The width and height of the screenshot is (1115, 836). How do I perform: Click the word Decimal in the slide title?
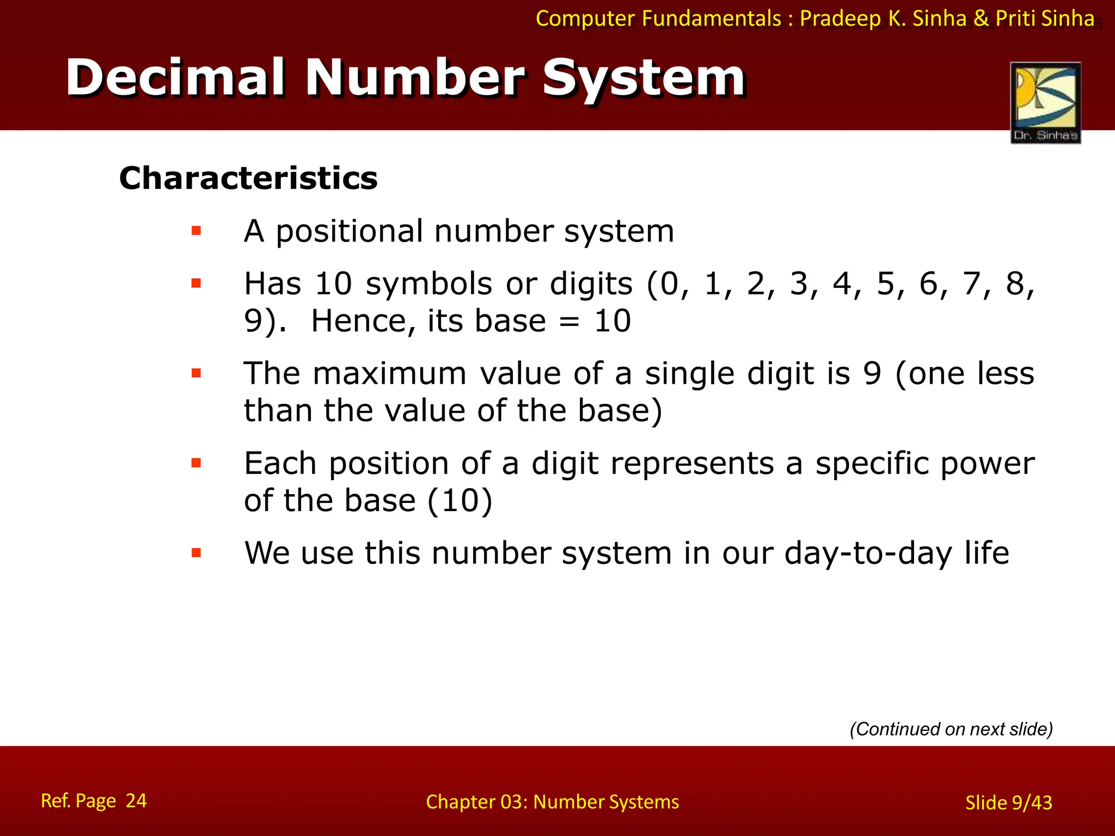tap(175, 78)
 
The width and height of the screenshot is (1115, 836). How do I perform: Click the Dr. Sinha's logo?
tap(1045, 102)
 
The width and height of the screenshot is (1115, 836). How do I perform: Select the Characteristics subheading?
tap(248, 178)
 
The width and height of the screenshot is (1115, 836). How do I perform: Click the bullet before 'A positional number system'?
tap(196, 231)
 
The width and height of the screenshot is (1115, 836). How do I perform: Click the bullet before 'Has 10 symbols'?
tap(196, 283)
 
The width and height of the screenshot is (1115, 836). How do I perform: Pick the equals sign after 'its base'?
tap(569, 321)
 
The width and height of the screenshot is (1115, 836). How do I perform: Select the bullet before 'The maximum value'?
tap(196, 373)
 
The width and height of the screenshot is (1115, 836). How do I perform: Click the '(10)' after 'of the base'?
tap(460, 500)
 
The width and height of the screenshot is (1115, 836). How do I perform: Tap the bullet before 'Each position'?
tap(196, 464)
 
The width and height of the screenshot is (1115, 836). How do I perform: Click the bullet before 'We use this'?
tap(196, 554)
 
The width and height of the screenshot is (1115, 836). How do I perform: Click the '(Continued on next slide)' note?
tap(951, 729)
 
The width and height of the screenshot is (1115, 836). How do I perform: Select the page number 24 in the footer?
tap(136, 801)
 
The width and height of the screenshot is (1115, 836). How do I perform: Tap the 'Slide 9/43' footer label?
tap(1008, 803)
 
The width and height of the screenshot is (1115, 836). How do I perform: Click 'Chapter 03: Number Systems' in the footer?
tap(552, 802)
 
